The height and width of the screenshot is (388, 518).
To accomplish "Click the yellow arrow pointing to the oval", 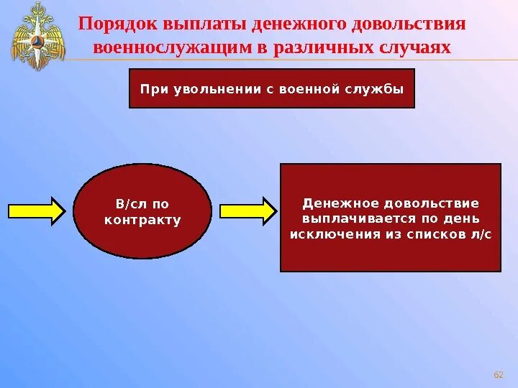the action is [36, 211].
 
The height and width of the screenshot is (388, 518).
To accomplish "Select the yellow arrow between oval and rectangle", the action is [247, 211].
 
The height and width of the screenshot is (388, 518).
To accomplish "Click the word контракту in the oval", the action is [142, 220].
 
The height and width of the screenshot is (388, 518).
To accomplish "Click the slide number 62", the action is [497, 374].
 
